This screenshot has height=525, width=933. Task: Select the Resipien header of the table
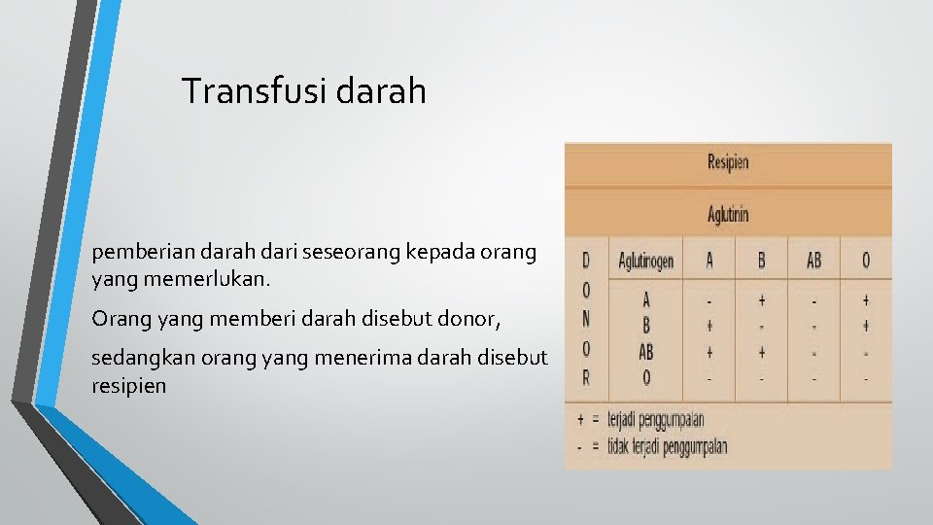[x=728, y=162]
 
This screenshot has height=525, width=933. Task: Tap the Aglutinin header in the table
[x=728, y=214]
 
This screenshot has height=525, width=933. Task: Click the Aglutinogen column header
[x=645, y=261]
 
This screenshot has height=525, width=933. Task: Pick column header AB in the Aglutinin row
[x=812, y=261]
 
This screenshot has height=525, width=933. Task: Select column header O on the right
[x=865, y=261]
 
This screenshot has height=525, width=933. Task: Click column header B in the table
[x=761, y=261]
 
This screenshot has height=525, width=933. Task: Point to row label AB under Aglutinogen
[x=645, y=352]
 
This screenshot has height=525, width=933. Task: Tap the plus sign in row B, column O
[x=865, y=327]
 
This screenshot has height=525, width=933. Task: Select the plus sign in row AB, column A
[x=708, y=352]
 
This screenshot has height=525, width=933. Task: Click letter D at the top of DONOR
[x=585, y=261]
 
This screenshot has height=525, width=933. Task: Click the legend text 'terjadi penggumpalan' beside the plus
[x=655, y=420]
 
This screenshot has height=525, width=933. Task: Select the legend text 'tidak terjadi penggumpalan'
[x=667, y=446]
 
